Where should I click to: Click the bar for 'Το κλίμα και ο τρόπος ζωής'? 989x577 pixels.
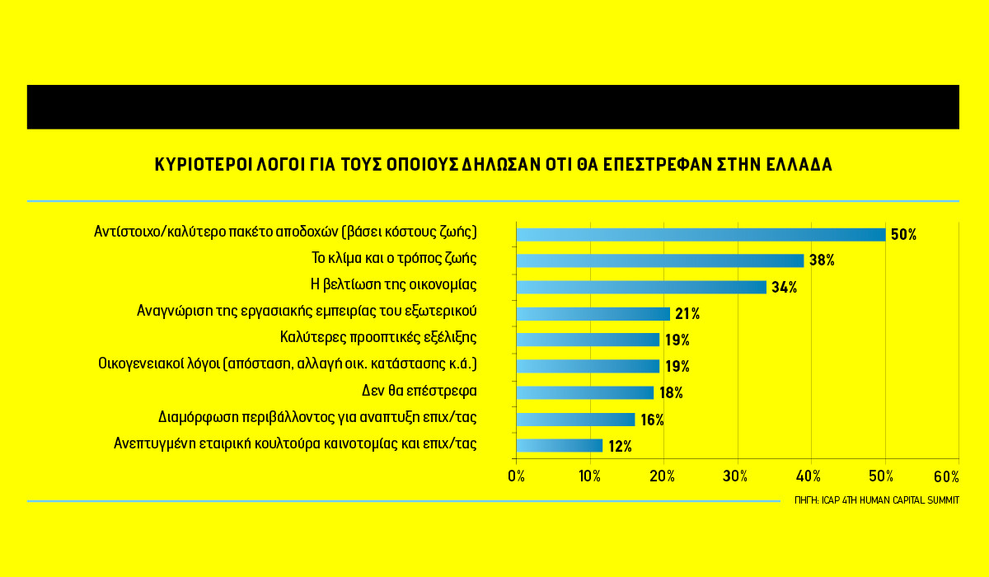659,260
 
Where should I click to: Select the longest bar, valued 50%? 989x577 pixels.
701,234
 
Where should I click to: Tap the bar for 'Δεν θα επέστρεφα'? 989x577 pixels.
584,392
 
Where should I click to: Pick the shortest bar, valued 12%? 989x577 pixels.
559,446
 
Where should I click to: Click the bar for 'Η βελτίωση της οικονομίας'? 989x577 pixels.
641,287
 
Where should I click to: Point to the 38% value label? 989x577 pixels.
822,260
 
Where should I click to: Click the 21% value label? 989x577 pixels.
687,313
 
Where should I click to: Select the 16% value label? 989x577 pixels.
652,420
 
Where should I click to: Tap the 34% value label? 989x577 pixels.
784,287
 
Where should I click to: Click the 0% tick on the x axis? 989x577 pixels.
516,476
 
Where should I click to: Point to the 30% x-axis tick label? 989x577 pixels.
735,476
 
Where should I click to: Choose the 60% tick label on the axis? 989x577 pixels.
946,476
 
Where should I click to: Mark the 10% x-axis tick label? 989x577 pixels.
588,476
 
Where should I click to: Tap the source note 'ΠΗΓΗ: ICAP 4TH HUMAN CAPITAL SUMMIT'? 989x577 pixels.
877,500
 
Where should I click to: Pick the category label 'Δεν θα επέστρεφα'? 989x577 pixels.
420,390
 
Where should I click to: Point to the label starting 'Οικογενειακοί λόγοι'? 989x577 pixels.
288,364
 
